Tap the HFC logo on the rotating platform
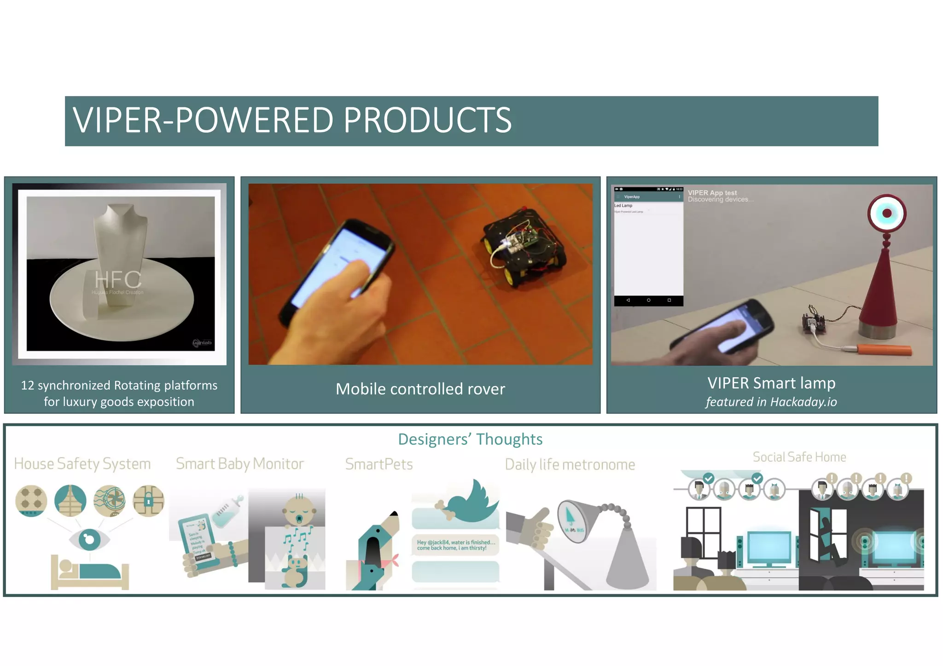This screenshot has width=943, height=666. pyautogui.click(x=118, y=280)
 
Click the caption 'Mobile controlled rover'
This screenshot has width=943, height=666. pyautogui.click(x=420, y=389)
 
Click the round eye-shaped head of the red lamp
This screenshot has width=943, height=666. pyautogui.click(x=886, y=213)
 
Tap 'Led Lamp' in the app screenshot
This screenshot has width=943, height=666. pyautogui.click(x=623, y=206)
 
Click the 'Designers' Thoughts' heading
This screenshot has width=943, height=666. pyautogui.click(x=470, y=439)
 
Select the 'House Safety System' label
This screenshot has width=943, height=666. pyautogui.click(x=82, y=463)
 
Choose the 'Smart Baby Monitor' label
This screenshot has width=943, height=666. pyautogui.click(x=240, y=463)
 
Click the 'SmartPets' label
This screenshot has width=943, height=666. pyautogui.click(x=379, y=464)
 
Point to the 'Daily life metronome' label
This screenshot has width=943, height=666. pyautogui.click(x=570, y=464)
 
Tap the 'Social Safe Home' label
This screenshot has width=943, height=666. pyautogui.click(x=799, y=457)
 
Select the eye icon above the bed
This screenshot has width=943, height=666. pyautogui.click(x=89, y=539)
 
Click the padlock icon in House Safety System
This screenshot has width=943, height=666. pyautogui.click(x=148, y=500)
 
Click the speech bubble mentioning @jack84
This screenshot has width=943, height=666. pyautogui.click(x=455, y=545)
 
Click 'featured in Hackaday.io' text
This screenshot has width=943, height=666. pyautogui.click(x=771, y=402)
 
